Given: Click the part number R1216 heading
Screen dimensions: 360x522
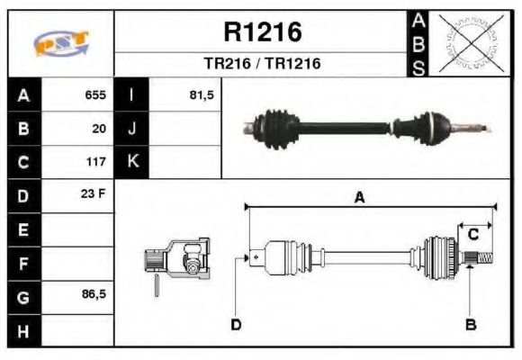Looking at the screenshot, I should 262,33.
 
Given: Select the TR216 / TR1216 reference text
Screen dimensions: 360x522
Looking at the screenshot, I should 262,65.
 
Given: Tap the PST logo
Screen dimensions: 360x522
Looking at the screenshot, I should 61,43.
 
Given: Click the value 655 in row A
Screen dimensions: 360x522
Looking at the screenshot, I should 95,94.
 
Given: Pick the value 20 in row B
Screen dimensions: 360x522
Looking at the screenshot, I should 99,129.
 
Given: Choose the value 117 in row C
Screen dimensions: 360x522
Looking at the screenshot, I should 95,163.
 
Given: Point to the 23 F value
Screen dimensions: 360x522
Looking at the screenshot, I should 94,195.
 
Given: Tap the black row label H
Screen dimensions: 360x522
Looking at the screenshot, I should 23,331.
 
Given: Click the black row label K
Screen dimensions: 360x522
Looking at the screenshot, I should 132,163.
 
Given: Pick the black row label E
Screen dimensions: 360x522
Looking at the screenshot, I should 23,230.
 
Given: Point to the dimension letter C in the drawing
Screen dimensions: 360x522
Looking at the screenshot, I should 472,235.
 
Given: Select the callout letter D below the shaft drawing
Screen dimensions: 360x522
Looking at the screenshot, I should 236,324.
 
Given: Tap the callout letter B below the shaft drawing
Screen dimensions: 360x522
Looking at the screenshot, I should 470,323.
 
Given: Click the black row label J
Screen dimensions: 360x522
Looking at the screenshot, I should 132,129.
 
